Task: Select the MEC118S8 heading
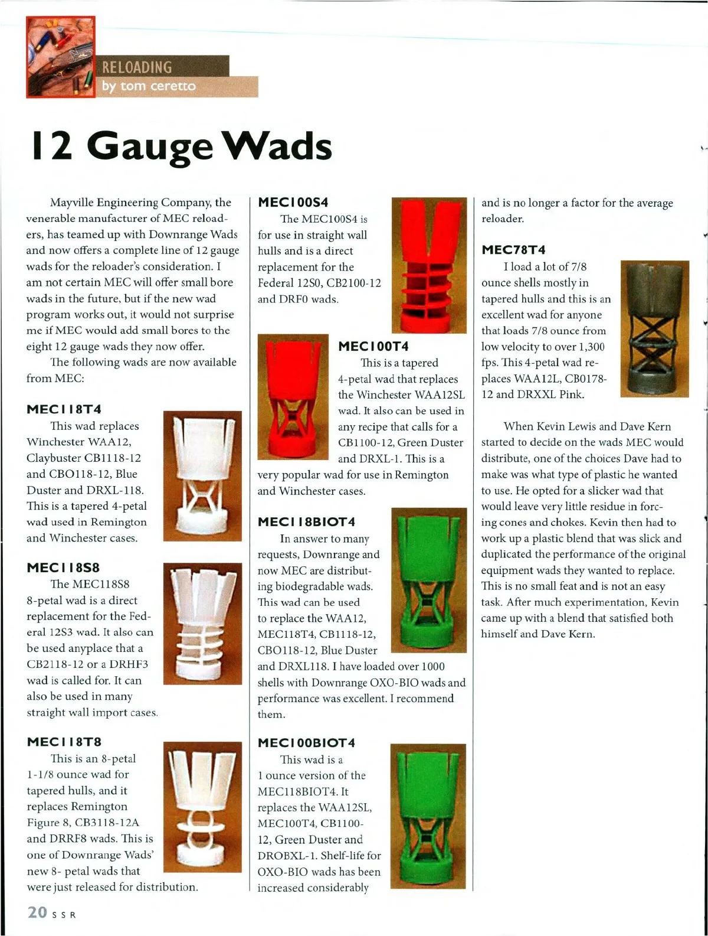(x=63, y=568)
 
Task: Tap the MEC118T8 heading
(x=64, y=742)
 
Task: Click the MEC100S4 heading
(x=293, y=203)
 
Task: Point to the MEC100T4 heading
(x=373, y=346)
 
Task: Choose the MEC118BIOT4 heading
(x=307, y=522)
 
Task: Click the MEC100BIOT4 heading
(x=307, y=743)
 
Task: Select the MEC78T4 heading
(x=514, y=250)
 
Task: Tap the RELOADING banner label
(x=137, y=67)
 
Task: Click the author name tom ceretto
(x=149, y=86)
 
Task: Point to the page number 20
(x=37, y=912)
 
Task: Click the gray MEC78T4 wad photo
(x=654, y=328)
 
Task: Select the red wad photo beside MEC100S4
(x=429, y=265)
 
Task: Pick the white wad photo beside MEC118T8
(x=202, y=807)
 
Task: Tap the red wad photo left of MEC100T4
(x=293, y=397)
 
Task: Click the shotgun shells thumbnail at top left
(x=60, y=57)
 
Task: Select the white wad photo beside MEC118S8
(x=202, y=624)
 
